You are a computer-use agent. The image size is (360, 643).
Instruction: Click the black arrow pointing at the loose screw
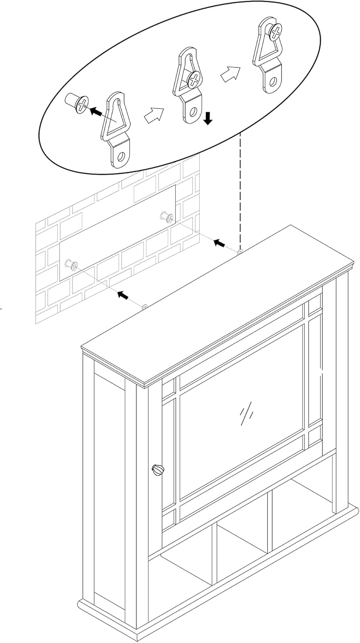96,111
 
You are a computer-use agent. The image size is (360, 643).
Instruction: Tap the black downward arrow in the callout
208,118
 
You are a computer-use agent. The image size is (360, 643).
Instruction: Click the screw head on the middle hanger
194,79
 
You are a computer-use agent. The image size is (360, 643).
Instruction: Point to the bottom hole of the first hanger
121,156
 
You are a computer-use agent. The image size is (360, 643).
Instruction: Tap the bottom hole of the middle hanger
193,112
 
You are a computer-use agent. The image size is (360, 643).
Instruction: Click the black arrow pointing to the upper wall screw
219,243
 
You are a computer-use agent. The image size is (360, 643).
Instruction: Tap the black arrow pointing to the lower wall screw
123,295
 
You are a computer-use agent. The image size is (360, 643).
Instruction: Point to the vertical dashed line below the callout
240,189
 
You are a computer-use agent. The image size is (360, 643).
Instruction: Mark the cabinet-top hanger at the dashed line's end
240,251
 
